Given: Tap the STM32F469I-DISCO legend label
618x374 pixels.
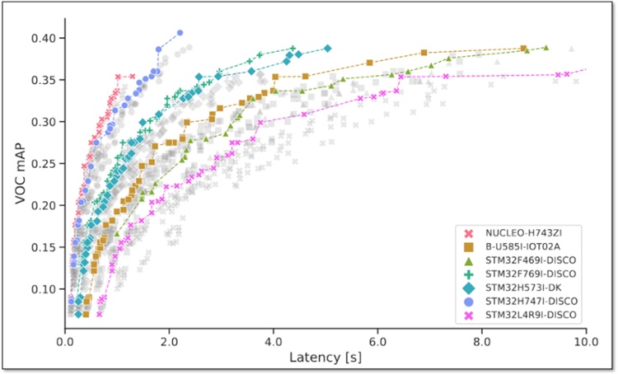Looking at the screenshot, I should coord(528,260).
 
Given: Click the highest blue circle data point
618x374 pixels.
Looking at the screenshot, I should coord(180,33).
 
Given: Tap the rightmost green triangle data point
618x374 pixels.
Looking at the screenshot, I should coord(545,48).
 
